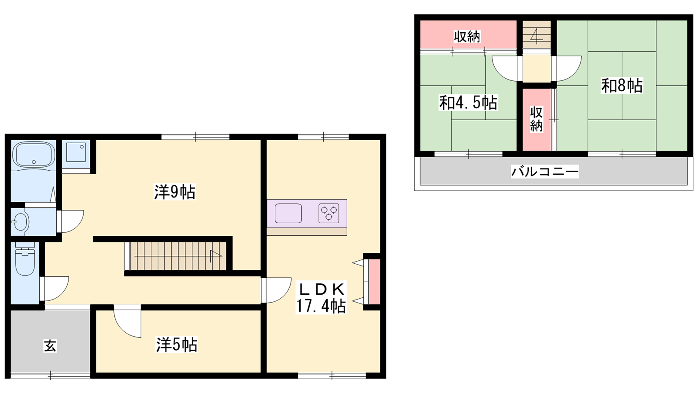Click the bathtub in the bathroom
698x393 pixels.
pos(33,155)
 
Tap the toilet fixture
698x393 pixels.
pos(25,259)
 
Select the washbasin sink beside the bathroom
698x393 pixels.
pos(21,222)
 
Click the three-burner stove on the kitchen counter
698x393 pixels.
pos(329,214)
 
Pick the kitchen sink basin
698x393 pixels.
pos(288,214)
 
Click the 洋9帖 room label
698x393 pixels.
pos(175,192)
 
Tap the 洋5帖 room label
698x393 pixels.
pos(177,345)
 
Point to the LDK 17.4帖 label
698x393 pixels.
pos(321,298)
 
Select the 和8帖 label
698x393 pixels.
pos(622,86)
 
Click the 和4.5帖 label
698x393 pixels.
pos(468,103)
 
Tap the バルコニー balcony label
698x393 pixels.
pos(545,172)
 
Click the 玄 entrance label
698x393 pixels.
pos(50,346)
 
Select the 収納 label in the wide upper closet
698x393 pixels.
pos(467,37)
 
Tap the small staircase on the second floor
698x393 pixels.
pos(537,34)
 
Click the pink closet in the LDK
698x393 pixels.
pos(374,282)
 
